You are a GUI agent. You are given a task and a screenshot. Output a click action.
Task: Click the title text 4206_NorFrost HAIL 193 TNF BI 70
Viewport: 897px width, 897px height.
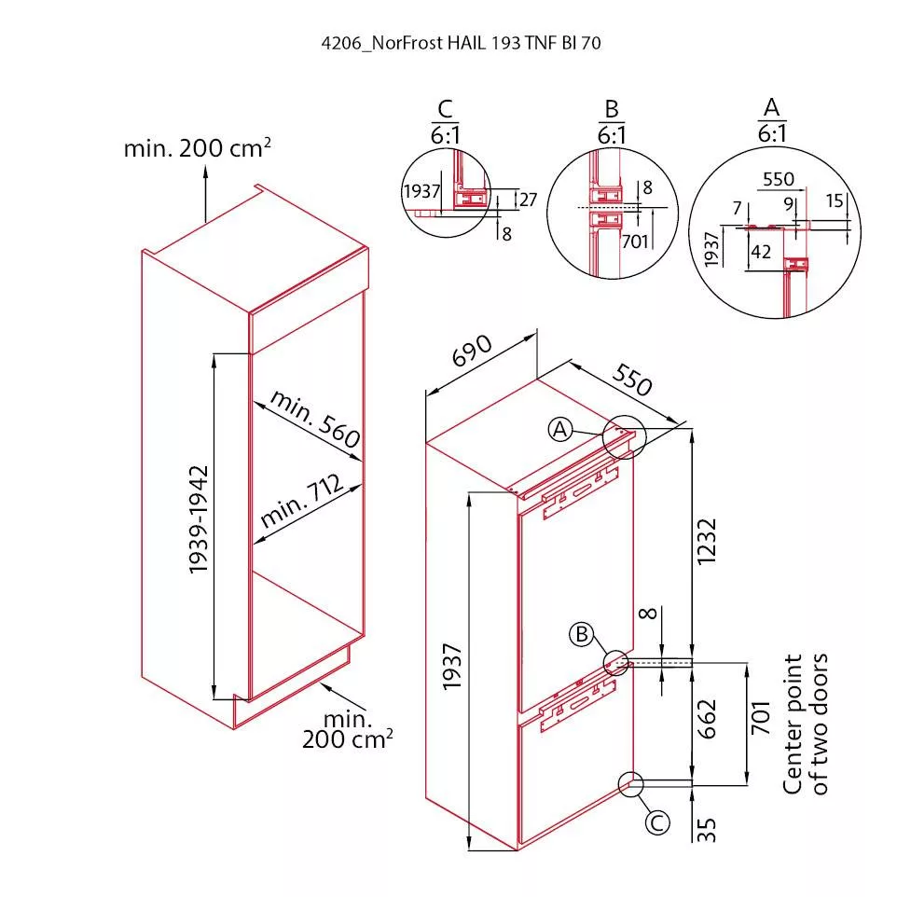click(461, 43)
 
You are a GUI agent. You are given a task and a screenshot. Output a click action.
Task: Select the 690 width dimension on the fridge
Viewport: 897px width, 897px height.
click(472, 350)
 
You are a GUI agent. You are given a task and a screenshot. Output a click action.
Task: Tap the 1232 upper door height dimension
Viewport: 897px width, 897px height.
click(707, 541)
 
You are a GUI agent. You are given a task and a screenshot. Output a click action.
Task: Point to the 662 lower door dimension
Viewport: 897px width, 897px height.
click(707, 719)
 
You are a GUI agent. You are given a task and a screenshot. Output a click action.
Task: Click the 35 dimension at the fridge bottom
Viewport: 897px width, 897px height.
click(707, 830)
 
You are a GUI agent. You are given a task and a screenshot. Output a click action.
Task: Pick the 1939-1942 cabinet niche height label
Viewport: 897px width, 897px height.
click(199, 519)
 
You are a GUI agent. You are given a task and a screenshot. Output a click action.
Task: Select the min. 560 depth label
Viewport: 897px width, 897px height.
click(315, 418)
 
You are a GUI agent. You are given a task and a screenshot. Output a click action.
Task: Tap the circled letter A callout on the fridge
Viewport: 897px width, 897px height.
click(560, 429)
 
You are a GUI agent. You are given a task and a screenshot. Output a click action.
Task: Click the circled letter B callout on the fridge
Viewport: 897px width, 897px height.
click(581, 634)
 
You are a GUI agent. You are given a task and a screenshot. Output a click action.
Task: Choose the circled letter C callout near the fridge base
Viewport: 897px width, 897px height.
click(657, 822)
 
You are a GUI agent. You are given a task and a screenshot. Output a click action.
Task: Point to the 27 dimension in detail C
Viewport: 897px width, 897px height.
click(528, 200)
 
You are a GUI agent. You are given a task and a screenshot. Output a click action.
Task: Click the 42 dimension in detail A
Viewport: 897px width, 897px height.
click(760, 252)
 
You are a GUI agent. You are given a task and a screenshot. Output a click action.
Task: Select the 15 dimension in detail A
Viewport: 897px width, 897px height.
click(835, 200)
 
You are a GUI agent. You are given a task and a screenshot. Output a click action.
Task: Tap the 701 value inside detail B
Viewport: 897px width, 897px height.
click(634, 241)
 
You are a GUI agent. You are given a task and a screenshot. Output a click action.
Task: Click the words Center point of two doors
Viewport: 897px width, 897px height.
click(805, 724)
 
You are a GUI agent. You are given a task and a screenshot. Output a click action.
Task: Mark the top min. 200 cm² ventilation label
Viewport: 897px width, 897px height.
click(198, 148)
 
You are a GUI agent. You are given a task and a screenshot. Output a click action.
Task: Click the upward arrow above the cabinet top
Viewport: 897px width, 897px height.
click(205, 193)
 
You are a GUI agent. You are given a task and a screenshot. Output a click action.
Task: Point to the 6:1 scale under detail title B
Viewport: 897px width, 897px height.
click(612, 135)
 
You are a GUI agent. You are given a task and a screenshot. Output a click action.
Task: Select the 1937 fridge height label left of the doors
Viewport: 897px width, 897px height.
click(452, 667)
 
